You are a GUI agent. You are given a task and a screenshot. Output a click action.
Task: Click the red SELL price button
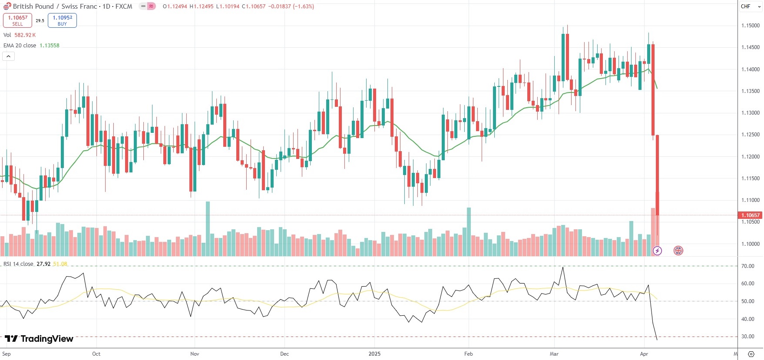click(x=17, y=20)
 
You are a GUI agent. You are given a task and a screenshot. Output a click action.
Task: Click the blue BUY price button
click(x=62, y=20)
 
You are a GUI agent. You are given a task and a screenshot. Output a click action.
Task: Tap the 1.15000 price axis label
click(x=750, y=26)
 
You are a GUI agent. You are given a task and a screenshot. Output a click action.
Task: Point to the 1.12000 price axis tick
click(x=750, y=156)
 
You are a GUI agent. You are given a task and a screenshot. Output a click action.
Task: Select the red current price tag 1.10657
click(x=750, y=215)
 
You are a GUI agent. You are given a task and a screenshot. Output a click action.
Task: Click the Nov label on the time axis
click(x=195, y=354)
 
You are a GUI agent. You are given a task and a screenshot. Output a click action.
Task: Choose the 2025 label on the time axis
click(x=374, y=354)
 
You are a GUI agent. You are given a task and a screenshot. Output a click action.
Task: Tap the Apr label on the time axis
click(x=644, y=354)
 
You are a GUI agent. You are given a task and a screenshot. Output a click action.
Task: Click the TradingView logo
click(x=39, y=339)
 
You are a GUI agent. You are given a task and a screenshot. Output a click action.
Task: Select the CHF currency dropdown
click(x=750, y=7)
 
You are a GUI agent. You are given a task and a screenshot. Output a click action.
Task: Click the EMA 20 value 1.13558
click(x=50, y=46)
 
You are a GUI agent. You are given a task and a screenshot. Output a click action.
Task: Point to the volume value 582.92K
click(x=25, y=35)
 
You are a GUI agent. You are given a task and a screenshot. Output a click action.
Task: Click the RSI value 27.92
click(x=43, y=264)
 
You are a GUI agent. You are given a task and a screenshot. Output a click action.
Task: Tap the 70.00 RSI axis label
click(x=747, y=266)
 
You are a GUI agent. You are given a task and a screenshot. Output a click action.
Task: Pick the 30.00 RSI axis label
click(x=747, y=337)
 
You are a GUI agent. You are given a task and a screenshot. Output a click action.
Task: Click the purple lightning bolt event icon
click(x=657, y=251)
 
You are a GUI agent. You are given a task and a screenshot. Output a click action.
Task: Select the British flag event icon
click(x=678, y=251)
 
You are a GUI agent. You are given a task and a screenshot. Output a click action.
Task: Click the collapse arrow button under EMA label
click(x=8, y=56)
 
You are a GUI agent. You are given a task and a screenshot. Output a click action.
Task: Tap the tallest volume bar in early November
click(x=208, y=228)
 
